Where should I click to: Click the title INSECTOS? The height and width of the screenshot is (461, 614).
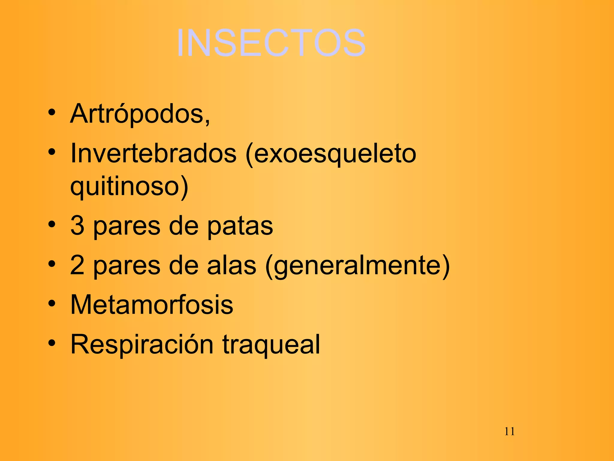click(x=271, y=43)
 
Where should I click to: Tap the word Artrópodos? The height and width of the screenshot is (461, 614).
click(x=139, y=114)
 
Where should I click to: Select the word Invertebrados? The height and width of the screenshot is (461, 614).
click(x=153, y=154)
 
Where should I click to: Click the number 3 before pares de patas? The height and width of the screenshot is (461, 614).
click(x=77, y=226)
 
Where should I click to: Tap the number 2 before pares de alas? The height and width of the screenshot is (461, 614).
click(x=77, y=265)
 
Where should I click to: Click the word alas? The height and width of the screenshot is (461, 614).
click(x=231, y=265)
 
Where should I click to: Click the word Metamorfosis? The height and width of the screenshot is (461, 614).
click(x=152, y=305)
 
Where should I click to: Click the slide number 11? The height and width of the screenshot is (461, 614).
click(x=509, y=431)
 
